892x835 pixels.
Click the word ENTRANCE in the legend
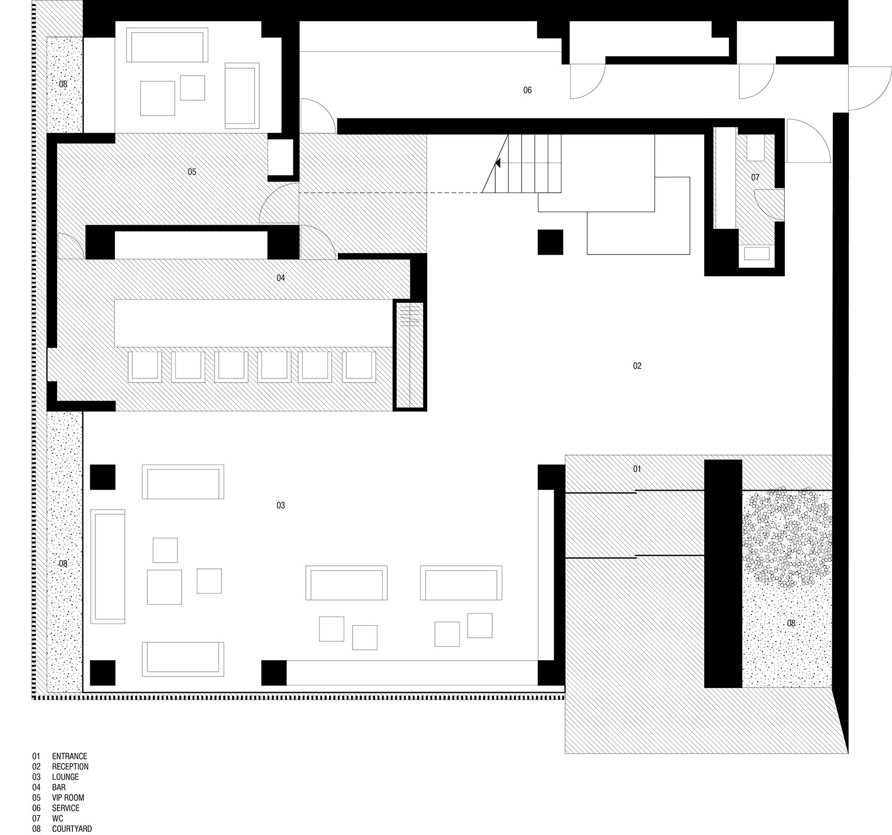click(69, 756)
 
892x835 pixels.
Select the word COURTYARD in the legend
click(72, 829)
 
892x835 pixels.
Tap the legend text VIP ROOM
click(68, 798)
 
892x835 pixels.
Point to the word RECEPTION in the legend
click(70, 767)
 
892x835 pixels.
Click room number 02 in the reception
click(637, 366)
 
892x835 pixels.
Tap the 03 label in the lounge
click(281, 505)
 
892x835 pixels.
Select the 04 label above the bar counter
click(281, 278)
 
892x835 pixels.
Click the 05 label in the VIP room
click(192, 172)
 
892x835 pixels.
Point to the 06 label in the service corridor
click(527, 90)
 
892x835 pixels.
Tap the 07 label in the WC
click(755, 177)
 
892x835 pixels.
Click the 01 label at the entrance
click(637, 469)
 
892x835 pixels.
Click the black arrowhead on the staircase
click(497, 163)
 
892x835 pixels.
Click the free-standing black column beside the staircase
click(550, 242)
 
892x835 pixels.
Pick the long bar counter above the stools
click(253, 323)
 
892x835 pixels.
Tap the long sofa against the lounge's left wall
click(108, 566)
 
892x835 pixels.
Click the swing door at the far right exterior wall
click(870, 88)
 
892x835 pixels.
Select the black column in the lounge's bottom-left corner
click(102, 673)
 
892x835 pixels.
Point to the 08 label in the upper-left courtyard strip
click(63, 84)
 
